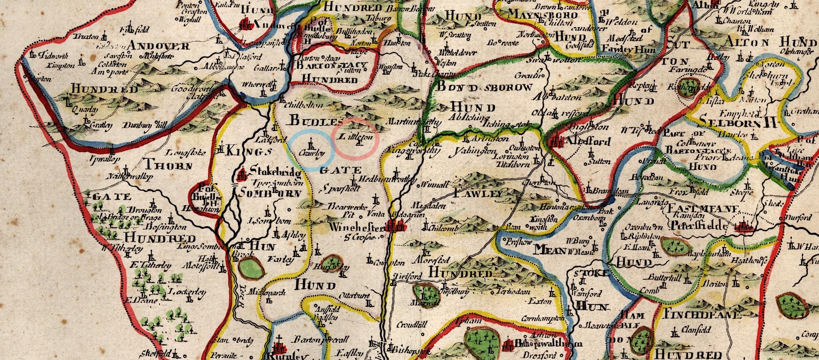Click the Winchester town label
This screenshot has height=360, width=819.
tap(356, 227)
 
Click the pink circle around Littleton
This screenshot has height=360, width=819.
tap(355, 137)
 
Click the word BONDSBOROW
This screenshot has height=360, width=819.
tap(484, 87)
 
